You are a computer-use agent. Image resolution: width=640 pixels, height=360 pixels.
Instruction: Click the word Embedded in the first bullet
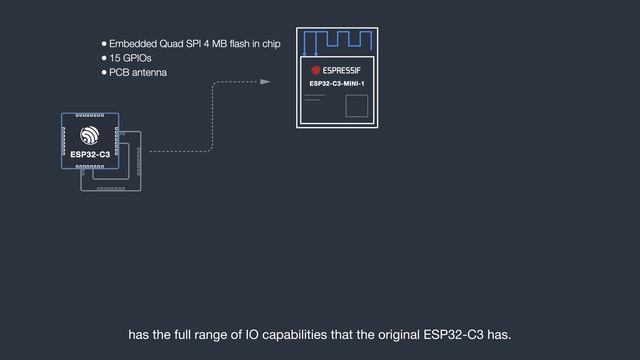pos(134,45)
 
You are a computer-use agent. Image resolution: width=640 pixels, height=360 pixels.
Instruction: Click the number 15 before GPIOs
pos(115,59)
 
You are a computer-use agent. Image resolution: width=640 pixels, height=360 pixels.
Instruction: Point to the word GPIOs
pos(138,59)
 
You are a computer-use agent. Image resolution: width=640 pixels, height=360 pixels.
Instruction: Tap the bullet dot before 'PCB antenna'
pos(103,73)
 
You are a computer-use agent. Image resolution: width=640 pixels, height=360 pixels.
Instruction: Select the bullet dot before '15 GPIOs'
pos(103,59)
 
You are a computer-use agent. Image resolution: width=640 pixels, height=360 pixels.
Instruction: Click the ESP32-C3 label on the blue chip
pos(90,154)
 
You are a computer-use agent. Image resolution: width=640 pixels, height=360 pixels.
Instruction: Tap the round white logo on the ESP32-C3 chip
pos(90,135)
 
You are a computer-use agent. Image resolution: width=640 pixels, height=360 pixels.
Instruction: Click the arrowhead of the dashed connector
pos(265,82)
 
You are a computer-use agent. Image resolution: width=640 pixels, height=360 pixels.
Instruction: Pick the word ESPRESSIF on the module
pos(345,70)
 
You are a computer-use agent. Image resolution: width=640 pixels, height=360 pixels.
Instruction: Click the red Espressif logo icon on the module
pos(316,70)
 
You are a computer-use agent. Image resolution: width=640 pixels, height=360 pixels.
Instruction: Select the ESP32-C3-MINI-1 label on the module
pos(337,84)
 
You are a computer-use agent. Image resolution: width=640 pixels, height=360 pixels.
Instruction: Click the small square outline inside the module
pos(356,106)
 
